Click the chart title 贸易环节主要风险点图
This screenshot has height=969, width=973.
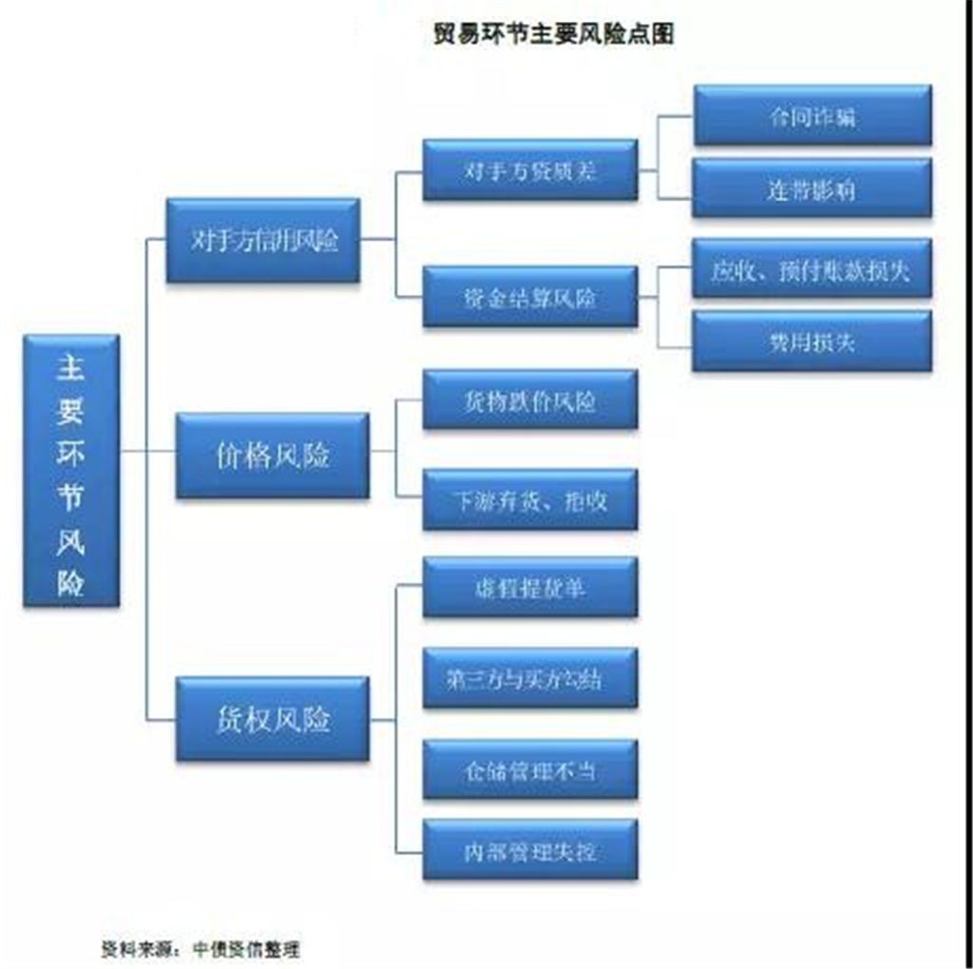[x=553, y=34]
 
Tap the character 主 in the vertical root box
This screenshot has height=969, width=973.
[x=70, y=368]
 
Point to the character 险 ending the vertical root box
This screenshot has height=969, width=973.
[x=70, y=582]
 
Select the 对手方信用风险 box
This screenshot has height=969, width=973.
[x=263, y=241]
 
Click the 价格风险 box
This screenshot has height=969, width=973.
[x=273, y=455]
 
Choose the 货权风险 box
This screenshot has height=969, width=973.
[x=273, y=719]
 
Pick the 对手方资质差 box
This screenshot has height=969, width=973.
[x=530, y=170]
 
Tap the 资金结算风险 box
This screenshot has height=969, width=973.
[x=530, y=297]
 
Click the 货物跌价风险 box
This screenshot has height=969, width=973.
[x=530, y=399]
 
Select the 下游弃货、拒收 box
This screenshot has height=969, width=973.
[x=530, y=500]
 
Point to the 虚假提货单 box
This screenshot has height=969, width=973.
[x=530, y=587]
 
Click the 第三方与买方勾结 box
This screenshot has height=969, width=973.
[x=530, y=678]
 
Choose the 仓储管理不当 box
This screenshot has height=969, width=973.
[x=530, y=769]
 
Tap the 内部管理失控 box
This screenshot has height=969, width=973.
[x=530, y=849]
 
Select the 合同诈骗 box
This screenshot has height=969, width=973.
[x=812, y=116]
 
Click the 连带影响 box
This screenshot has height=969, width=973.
[x=812, y=188]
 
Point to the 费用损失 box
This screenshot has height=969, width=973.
[x=812, y=340]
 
